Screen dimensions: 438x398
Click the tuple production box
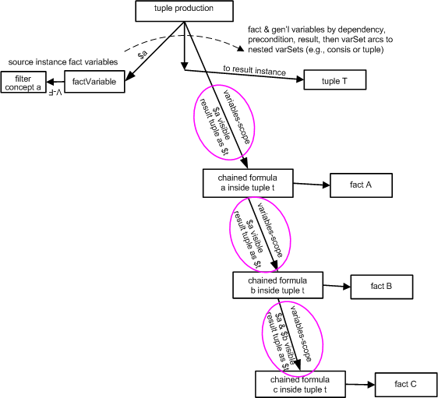pyautogui.click(x=184, y=11)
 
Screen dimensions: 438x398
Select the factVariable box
pyautogui.click(x=94, y=82)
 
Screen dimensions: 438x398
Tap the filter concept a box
pyautogui.click(x=23, y=82)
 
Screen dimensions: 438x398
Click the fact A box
pyautogui.click(x=361, y=185)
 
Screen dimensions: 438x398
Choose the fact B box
pyautogui.click(x=382, y=287)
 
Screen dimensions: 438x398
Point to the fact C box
pyautogui.click(x=406, y=384)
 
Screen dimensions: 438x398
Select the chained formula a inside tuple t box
pyautogui.click(x=248, y=183)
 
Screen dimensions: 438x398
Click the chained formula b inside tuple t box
pyautogui.click(x=278, y=285)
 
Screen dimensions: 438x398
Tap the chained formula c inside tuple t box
pyautogui.click(x=300, y=384)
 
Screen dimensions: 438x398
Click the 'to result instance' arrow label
pyautogui.click(x=254, y=70)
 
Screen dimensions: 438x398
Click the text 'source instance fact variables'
pyautogui.click(x=63, y=62)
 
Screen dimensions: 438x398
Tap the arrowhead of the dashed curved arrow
pyautogui.click(x=240, y=49)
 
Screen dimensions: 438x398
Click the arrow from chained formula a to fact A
pyautogui.click(x=312, y=185)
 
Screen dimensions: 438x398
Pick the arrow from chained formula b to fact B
pyautogui.click(x=337, y=286)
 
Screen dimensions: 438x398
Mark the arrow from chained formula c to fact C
pyautogui.click(x=360, y=385)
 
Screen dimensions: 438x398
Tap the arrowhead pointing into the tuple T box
pyautogui.click(x=300, y=79)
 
